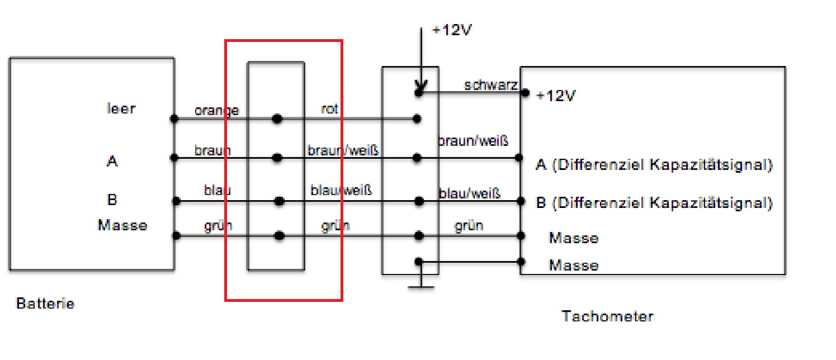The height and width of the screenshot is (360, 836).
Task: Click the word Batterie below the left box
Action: [x=45, y=304]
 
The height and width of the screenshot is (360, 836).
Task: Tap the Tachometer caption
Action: [x=608, y=316]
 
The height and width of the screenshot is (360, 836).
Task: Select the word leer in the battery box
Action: [x=121, y=108]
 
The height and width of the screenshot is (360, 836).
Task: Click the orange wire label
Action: [x=217, y=111]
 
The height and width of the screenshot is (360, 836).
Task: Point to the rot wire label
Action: [x=329, y=109]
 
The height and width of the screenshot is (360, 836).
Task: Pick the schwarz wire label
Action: [x=490, y=85]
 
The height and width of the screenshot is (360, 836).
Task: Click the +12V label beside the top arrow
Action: [x=452, y=30]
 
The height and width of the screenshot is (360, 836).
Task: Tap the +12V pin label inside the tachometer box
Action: [x=556, y=96]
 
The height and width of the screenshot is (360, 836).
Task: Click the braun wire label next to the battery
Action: [x=212, y=150]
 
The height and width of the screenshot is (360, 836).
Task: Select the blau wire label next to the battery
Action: [x=218, y=190]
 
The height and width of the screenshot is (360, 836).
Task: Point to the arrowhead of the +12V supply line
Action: [x=421, y=87]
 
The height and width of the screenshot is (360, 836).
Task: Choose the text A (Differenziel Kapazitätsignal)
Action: [x=654, y=164]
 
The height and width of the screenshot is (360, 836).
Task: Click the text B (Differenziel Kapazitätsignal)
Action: [x=654, y=203]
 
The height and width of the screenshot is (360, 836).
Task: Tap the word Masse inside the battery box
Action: [x=122, y=225]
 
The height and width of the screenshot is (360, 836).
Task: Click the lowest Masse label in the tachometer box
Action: [x=574, y=266]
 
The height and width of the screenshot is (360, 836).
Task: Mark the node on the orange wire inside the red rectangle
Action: [x=277, y=119]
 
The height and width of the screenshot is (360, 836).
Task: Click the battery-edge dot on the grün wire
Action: [x=176, y=236]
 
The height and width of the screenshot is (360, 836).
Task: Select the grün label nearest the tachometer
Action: [x=469, y=226]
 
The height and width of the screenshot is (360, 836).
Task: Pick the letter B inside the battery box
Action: [x=112, y=200]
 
